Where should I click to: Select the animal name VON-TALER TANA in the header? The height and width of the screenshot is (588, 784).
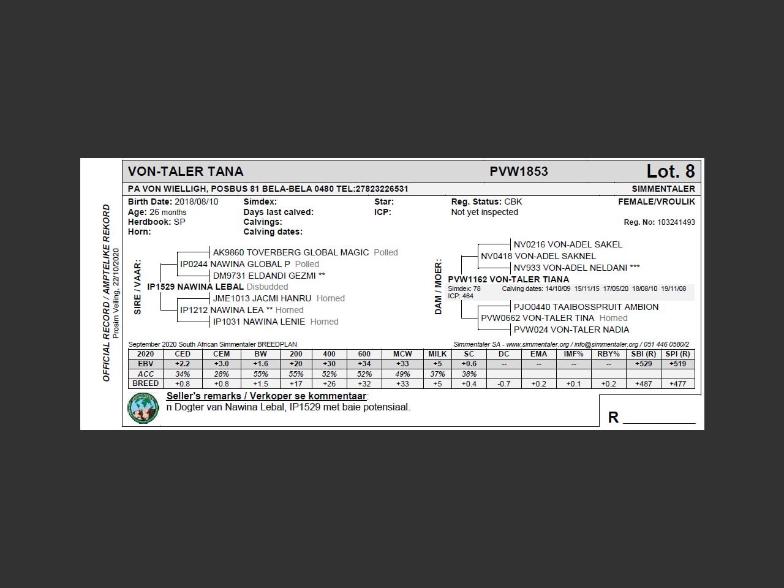tap(186, 171)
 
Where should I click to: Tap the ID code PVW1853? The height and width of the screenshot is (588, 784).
tap(518, 171)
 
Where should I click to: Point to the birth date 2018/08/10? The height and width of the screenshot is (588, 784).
tap(196, 202)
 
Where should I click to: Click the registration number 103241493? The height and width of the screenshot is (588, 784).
tap(676, 222)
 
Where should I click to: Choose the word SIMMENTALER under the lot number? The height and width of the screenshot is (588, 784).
tap(663, 189)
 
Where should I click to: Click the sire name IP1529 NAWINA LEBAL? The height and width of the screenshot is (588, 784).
tap(195, 287)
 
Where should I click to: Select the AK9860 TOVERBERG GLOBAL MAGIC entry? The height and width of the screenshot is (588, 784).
tap(290, 252)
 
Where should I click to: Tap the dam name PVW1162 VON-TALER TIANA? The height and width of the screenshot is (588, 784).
tap(508, 279)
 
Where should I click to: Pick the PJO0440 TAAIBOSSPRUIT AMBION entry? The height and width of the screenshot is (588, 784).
tap(586, 307)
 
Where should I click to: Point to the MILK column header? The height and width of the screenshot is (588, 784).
tap(437, 354)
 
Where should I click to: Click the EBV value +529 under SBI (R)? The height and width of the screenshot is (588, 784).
tap(643, 364)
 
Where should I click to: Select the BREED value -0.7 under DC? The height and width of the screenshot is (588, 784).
tap(503, 384)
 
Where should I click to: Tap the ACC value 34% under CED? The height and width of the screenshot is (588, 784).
tap(183, 374)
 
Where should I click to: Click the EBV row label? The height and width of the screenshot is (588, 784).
tap(146, 364)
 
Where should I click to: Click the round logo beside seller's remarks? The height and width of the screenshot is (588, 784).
tap(143, 408)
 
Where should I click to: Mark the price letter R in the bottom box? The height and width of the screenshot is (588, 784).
tap(613, 417)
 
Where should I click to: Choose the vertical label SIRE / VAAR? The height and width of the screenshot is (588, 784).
tap(137, 287)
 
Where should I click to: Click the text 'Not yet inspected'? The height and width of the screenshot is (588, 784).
tap(484, 212)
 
